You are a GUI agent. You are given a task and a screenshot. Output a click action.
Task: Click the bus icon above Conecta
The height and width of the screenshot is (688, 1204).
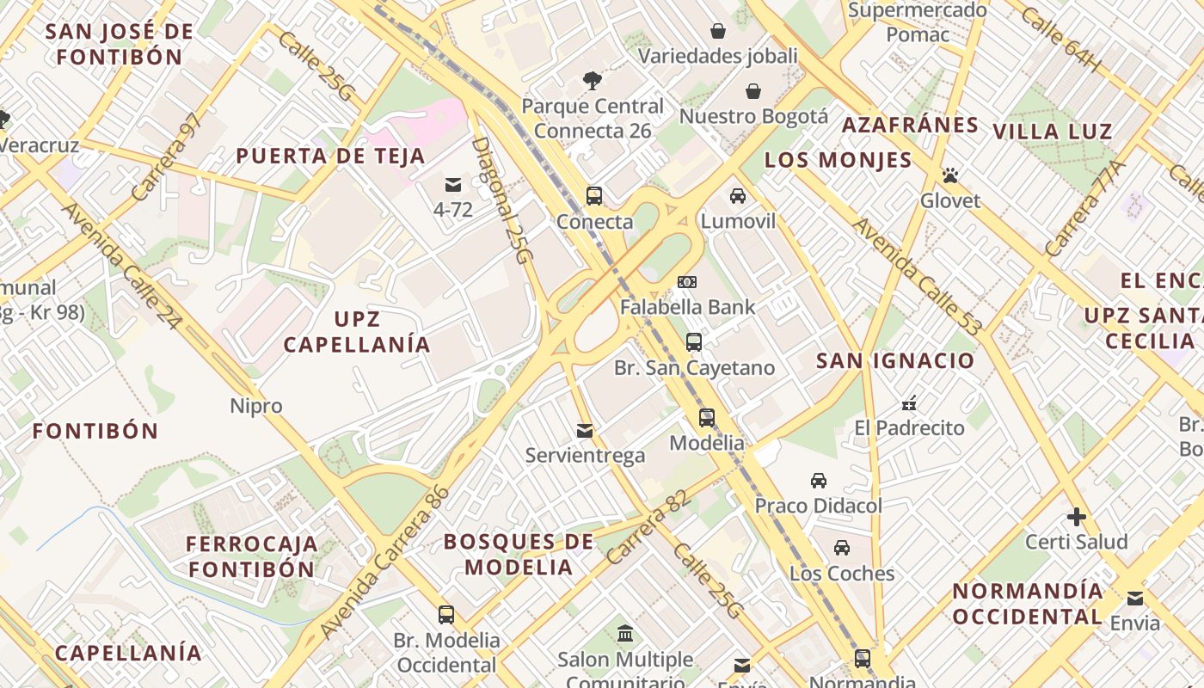click(x=594, y=195)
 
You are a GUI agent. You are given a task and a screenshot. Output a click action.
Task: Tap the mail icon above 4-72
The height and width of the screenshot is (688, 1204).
click(x=453, y=184)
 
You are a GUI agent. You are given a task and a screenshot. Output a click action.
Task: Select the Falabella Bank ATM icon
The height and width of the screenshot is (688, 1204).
click(x=687, y=281)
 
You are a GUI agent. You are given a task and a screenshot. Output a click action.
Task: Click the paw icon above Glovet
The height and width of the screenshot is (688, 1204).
click(x=950, y=175)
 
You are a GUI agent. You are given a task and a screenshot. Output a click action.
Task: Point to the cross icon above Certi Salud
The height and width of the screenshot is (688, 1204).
click(x=1076, y=517)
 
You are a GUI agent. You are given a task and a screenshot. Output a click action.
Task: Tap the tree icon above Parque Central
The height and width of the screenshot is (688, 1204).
click(x=593, y=81)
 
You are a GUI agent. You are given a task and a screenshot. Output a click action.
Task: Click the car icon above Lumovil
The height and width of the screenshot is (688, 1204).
click(x=738, y=196)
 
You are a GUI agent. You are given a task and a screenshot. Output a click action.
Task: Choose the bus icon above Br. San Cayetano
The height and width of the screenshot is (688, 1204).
click(x=694, y=342)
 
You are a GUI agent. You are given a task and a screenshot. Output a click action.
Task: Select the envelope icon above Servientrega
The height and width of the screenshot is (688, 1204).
click(x=585, y=430)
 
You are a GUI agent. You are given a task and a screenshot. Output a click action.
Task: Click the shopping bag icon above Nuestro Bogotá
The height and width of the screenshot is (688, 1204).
click(x=753, y=91)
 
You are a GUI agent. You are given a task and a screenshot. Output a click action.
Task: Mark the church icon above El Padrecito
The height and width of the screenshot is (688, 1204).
click(x=909, y=402)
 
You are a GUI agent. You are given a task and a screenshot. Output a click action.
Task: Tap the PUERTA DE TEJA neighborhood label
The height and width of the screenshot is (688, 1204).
click(x=330, y=157)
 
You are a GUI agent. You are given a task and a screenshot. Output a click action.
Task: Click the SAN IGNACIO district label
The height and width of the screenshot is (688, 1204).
click(x=895, y=360)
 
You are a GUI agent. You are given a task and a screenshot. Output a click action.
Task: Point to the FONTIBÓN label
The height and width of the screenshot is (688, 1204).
click(x=95, y=431)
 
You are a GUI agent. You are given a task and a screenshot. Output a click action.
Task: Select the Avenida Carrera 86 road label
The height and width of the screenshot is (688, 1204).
click(x=384, y=563)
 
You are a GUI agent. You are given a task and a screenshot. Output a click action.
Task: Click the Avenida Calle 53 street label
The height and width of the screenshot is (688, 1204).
click(x=917, y=277)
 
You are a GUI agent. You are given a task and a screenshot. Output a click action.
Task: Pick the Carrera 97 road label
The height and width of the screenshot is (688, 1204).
click(x=169, y=157)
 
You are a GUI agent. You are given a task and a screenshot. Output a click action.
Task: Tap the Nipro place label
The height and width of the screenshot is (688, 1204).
click(x=256, y=406)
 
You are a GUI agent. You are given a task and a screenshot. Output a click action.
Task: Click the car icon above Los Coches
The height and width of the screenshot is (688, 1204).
click(x=842, y=548)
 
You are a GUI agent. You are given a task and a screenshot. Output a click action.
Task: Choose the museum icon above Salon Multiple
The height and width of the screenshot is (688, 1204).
click(x=625, y=634)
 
